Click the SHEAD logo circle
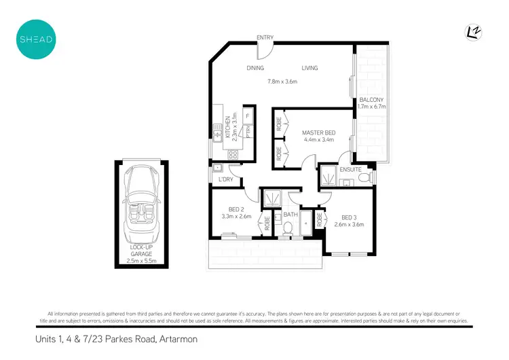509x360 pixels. coord(35,38)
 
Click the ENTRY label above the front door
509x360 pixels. coord(265,37)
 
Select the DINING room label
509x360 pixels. coord(255,68)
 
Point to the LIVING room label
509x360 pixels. coord(309,68)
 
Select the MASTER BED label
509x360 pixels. coord(318,132)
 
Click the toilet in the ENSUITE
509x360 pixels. coord(364,178)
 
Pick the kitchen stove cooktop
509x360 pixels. coord(232,154)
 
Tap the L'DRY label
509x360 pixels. coord(225,179)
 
